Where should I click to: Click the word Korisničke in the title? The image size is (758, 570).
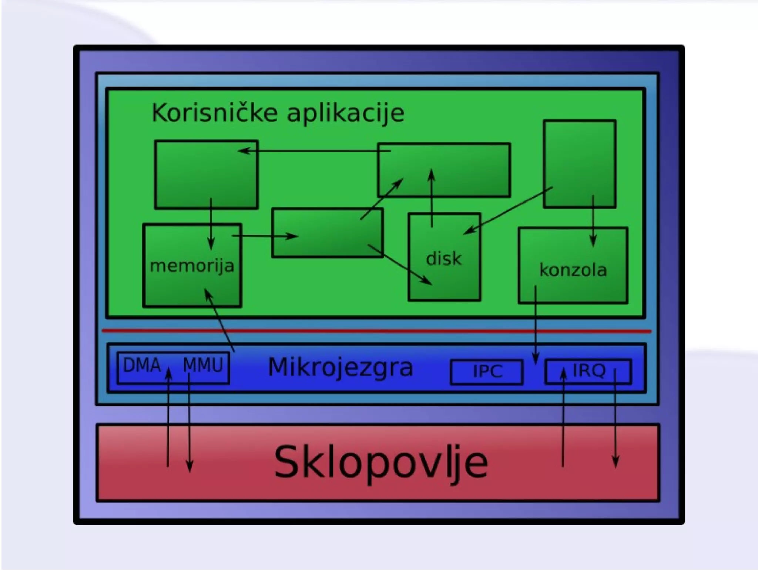click(x=214, y=113)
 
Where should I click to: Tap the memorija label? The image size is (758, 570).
click(x=192, y=266)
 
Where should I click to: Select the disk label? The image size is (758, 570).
click(x=444, y=259)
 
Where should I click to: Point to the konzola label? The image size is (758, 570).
click(x=573, y=270)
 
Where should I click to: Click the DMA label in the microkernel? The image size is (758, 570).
click(x=142, y=365)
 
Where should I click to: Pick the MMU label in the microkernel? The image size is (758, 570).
click(x=203, y=365)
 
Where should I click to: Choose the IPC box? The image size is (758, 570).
click(x=487, y=371)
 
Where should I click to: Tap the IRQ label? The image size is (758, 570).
click(x=589, y=370)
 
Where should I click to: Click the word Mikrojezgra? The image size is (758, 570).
click(x=340, y=367)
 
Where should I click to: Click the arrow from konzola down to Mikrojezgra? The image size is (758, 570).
click(x=535, y=326)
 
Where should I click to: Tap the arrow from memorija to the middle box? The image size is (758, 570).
click(x=265, y=236)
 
